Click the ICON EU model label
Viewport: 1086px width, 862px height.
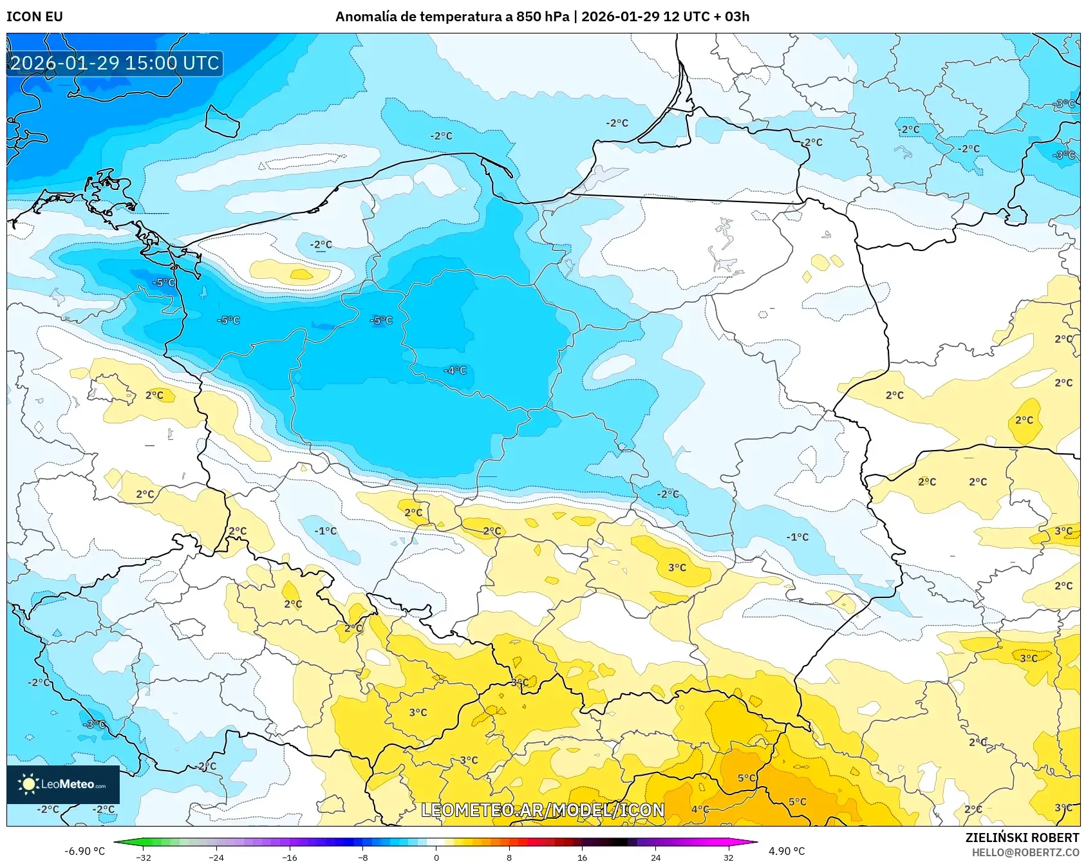tap(35, 17)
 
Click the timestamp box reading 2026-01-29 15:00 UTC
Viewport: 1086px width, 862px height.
tap(115, 63)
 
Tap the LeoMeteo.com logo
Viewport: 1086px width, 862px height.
tap(62, 784)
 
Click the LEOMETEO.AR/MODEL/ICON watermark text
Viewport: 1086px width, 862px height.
tap(542, 810)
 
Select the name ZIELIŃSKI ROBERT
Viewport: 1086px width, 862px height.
tap(1022, 838)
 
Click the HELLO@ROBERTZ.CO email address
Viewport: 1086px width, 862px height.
tap(1025, 852)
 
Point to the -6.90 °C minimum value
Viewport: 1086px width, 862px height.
tap(84, 851)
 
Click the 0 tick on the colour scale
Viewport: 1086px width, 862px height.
tap(436, 857)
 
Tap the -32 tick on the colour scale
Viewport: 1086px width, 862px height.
tap(144, 857)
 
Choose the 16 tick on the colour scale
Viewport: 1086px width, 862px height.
tap(582, 857)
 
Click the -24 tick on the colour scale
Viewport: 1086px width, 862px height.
tap(217, 857)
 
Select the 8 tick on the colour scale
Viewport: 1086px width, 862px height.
tap(509, 857)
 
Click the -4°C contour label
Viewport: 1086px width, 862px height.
tap(455, 370)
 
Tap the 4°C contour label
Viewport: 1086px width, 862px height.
tap(700, 809)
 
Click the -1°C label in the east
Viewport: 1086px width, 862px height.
tap(797, 537)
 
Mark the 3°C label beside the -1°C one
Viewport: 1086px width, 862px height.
tap(677, 567)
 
